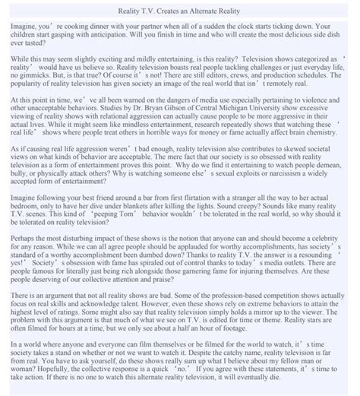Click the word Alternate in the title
point(211,13)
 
